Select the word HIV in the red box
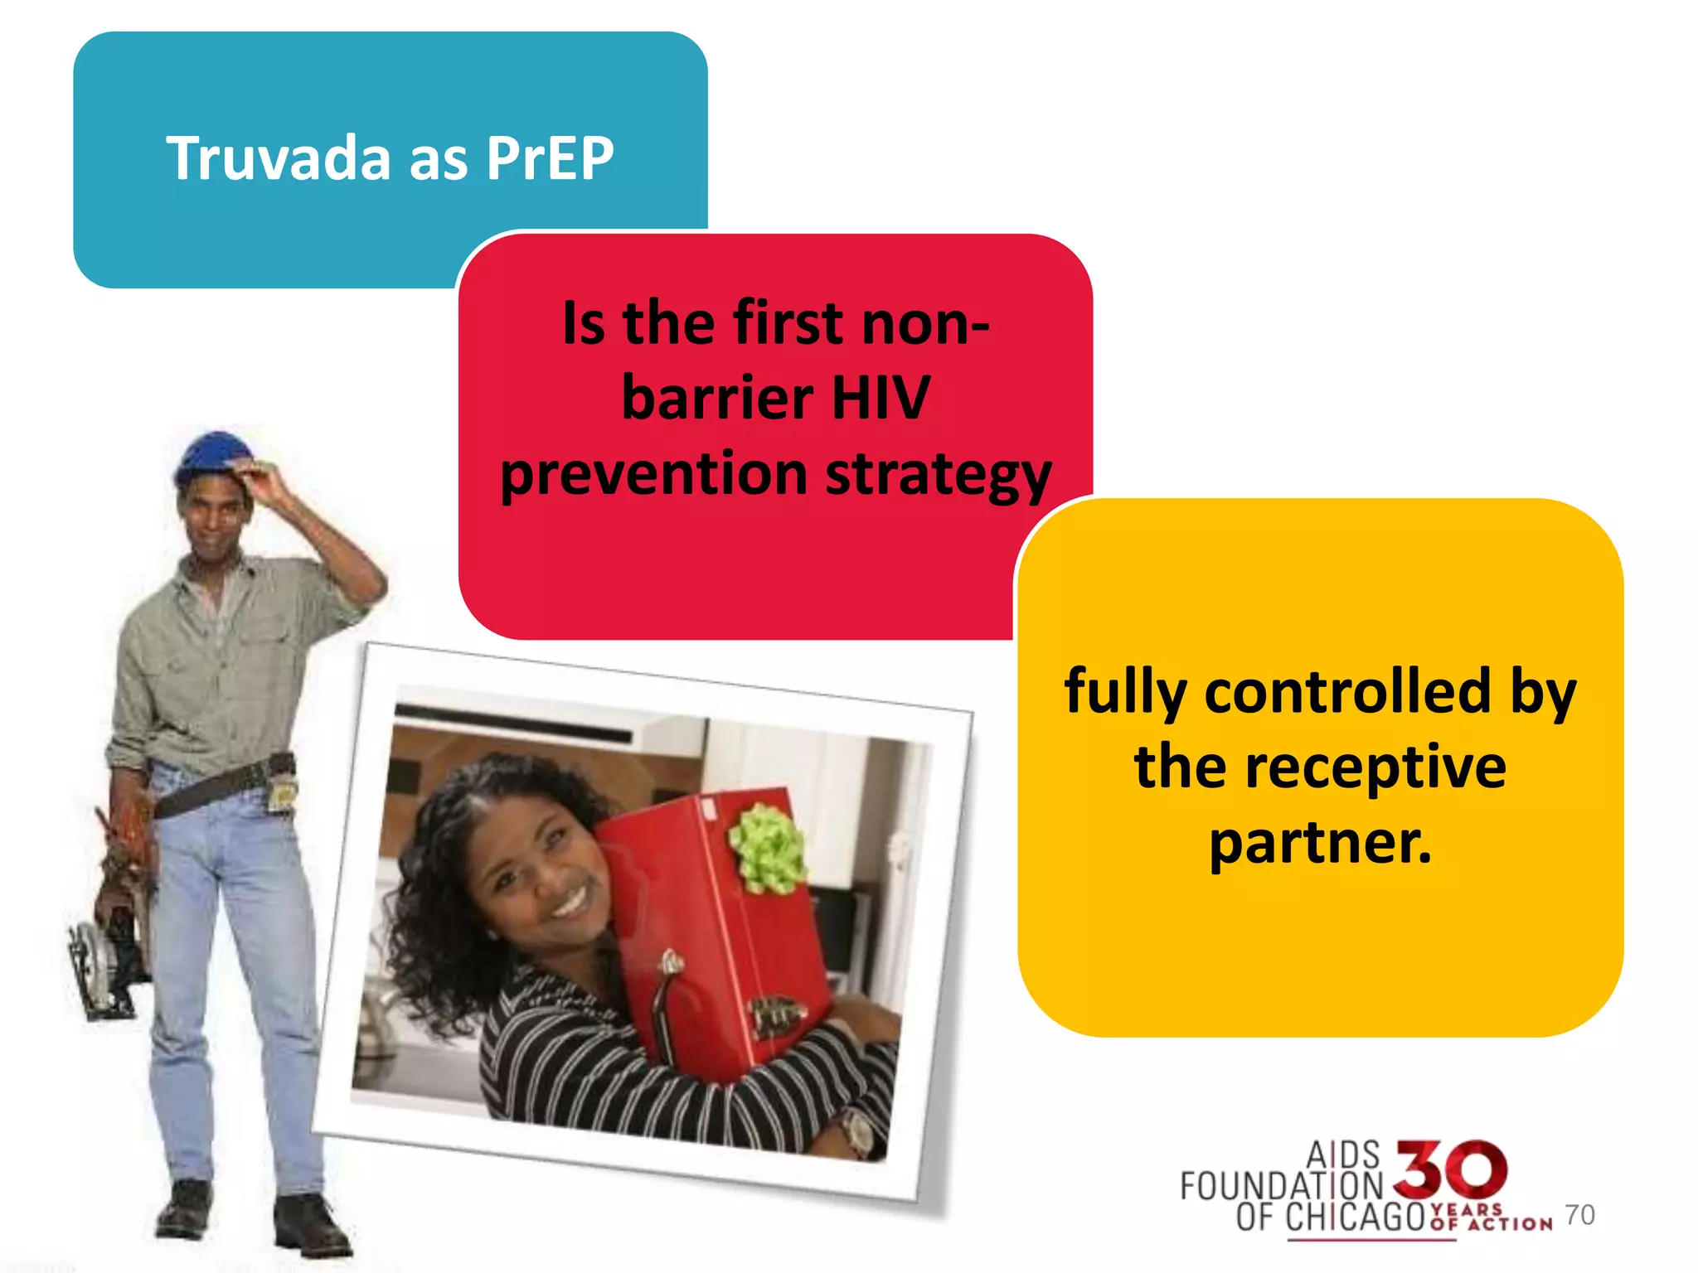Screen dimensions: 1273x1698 [880, 398]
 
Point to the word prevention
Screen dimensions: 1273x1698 [653, 474]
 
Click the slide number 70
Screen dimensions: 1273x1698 [1579, 1214]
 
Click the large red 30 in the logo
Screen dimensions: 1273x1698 [1450, 1169]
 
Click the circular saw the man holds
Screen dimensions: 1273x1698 [104, 961]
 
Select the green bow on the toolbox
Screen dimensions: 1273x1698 [767, 849]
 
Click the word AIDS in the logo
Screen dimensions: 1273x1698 [1342, 1154]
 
